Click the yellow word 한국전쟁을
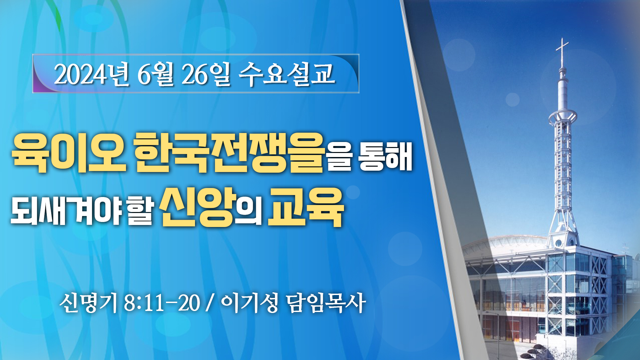pyautogui.click(x=230, y=152)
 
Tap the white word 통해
pyautogui.click(x=386, y=156)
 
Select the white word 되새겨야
pyautogui.click(x=66, y=210)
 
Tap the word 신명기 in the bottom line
pyautogui.click(x=88, y=303)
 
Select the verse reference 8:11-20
pyautogui.click(x=162, y=303)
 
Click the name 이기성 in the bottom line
pyautogui.click(x=249, y=303)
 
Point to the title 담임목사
pyautogui.click(x=326, y=303)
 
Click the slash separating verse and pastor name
pyautogui.click(x=210, y=303)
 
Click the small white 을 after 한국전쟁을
pyautogui.click(x=340, y=156)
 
